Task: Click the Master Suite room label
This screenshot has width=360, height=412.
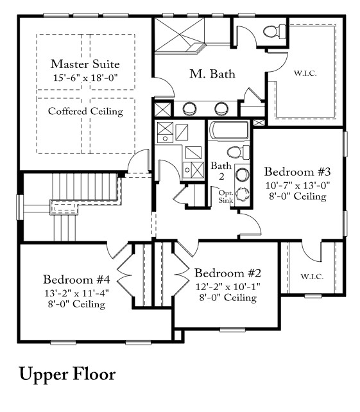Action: tap(85, 64)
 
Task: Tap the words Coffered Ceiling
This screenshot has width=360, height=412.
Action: tap(85, 111)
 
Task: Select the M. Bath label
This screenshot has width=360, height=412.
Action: tap(212, 74)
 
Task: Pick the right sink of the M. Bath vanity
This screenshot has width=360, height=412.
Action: tap(221, 108)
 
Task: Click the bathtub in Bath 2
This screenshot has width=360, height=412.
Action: tap(228, 132)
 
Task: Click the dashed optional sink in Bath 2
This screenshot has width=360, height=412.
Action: tap(242, 194)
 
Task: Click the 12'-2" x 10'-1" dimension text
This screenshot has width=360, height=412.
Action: tap(228, 286)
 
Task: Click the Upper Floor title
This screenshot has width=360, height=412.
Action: tap(67, 373)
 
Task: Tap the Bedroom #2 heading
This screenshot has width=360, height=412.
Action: tap(228, 273)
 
